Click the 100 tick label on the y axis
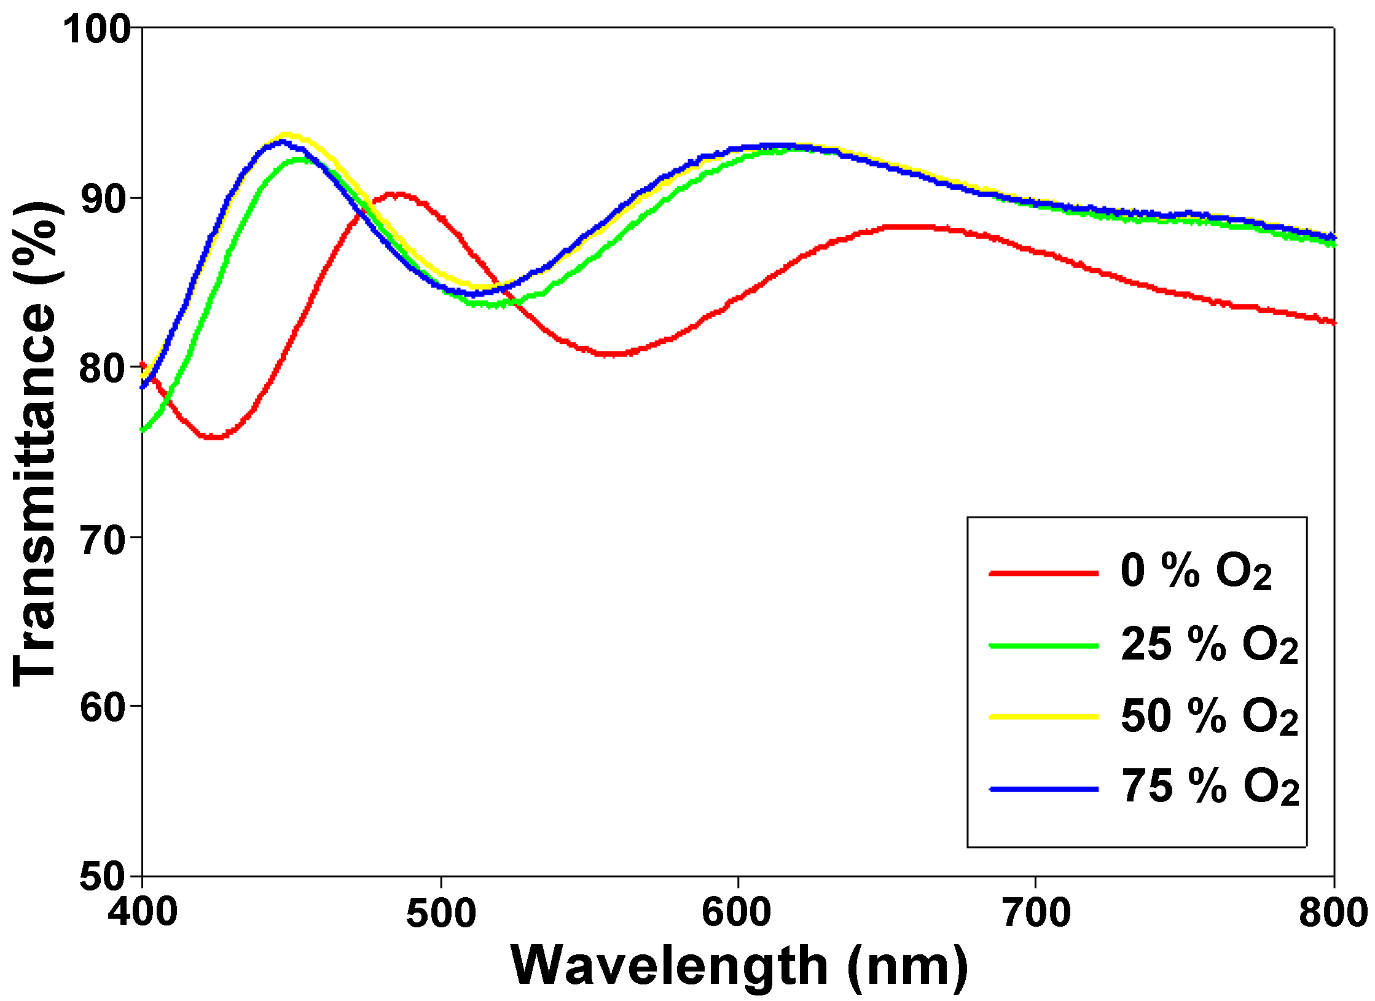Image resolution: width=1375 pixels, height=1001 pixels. (96, 29)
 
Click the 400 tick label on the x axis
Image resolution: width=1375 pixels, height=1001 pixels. (143, 913)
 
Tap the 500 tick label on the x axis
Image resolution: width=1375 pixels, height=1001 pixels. (441, 913)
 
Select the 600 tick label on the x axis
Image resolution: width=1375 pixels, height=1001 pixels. (736, 913)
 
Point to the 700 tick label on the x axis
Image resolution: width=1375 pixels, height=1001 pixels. (1036, 913)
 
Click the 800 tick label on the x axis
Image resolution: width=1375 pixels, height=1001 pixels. (1332, 913)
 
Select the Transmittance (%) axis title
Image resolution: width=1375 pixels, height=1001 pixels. (36, 443)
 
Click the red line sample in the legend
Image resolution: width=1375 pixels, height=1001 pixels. (1043, 573)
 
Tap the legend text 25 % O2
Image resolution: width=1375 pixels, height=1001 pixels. (1209, 645)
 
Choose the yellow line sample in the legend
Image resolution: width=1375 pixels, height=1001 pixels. (1043, 716)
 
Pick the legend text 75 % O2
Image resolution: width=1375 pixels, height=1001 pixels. (1209, 787)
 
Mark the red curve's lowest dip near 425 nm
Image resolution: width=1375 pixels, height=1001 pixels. (214, 437)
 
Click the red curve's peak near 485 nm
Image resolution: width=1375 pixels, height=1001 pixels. (397, 195)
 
